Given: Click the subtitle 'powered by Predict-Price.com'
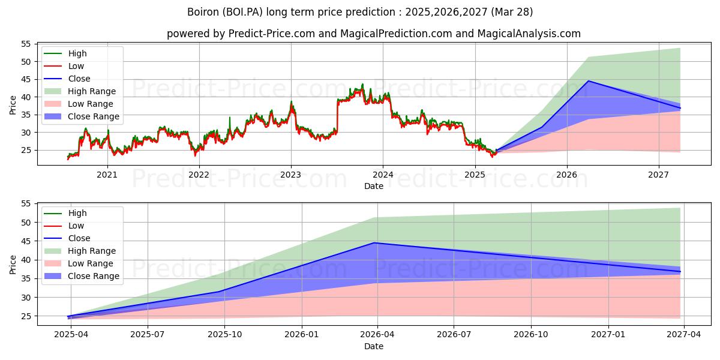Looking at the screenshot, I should (373, 34).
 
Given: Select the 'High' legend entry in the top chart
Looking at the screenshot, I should (77, 53).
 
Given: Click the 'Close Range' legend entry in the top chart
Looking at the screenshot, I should (93, 116).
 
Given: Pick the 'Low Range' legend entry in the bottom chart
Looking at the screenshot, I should (91, 263).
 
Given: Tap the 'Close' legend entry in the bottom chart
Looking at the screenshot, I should (79, 238).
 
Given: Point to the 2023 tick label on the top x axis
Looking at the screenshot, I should (291, 175).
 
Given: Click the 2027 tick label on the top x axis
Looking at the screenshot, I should (659, 175).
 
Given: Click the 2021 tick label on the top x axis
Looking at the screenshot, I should (107, 175).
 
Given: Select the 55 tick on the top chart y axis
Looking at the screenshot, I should (26, 44).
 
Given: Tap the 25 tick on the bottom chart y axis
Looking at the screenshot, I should (26, 316).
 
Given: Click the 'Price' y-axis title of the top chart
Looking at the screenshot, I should (13, 104).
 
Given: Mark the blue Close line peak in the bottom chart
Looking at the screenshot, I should (375, 243).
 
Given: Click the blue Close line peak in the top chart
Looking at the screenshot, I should (588, 81).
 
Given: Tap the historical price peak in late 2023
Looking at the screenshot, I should (362, 85).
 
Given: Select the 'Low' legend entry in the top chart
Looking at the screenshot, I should (76, 66).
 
